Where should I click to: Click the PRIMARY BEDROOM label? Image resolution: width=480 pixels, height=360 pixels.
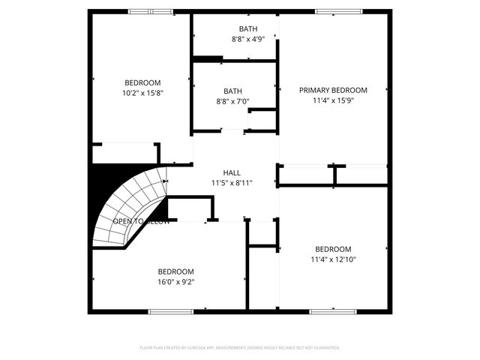coord(333,90)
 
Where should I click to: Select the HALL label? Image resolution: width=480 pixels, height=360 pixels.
coord(232,172)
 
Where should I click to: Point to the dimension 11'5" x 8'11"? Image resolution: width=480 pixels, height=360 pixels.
coord(232,182)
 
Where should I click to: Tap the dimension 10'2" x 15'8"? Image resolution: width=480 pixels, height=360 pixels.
coord(142,93)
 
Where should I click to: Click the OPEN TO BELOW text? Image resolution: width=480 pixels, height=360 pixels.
coord(141,222)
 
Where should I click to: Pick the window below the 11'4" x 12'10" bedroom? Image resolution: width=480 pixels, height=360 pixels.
coord(332,311)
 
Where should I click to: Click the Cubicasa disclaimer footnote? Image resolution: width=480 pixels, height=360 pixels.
coord(240,348)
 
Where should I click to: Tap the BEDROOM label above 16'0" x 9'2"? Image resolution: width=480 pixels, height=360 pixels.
coord(175,271)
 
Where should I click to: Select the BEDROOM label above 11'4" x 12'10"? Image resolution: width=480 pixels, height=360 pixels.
coord(333,250)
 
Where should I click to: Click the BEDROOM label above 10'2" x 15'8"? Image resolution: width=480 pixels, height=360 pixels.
coord(142,82)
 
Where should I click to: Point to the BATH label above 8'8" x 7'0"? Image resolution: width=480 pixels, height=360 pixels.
coord(232,91)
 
